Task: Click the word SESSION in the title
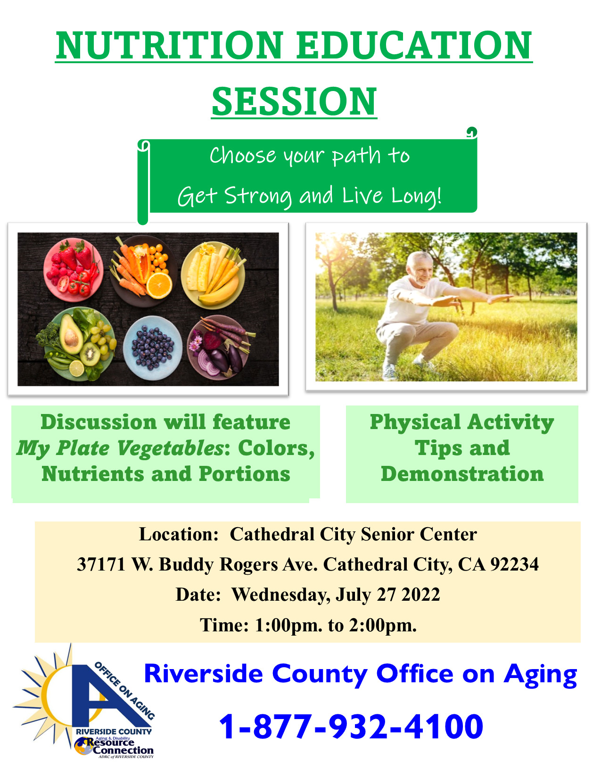294,101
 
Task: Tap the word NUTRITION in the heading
170,45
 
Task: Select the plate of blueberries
153,348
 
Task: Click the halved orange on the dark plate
159,285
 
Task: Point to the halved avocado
71,334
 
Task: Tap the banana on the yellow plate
219,291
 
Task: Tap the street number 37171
101,564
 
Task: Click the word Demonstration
462,474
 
